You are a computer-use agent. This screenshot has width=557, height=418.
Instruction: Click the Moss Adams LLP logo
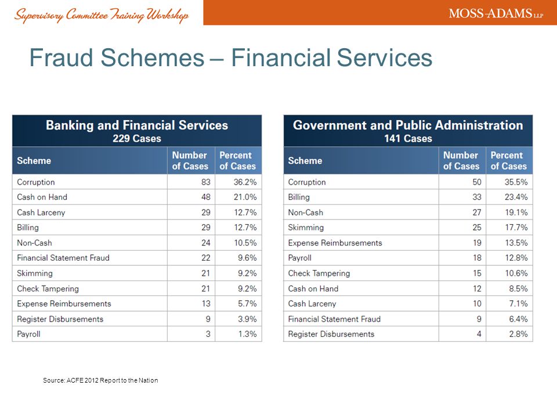pos(496,13)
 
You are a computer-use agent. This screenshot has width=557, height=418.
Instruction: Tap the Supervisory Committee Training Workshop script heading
pos(101,15)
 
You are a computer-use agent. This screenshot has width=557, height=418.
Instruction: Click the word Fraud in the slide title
pos(61,57)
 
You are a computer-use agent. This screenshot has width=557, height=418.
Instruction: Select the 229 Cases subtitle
pos(137,138)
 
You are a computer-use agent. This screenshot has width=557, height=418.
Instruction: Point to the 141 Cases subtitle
pos(408,138)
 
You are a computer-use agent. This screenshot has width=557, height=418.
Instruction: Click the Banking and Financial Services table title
pos(137,125)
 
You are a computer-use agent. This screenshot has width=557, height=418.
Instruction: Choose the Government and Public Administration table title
pos(408,125)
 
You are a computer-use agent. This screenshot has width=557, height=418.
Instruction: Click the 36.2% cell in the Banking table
pos(245,182)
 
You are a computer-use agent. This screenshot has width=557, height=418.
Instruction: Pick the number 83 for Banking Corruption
pos(205,182)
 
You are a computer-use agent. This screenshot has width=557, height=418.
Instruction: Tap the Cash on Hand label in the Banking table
pos(42,197)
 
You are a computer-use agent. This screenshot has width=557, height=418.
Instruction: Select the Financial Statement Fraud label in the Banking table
pos(63,258)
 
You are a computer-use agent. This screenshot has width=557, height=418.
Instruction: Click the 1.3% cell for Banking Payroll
pos(247,334)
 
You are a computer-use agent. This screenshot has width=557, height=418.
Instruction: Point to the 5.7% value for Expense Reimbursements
pos(247,304)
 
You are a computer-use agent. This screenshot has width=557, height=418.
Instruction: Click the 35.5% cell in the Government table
pos(516,182)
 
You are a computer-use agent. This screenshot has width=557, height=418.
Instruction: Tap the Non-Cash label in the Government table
pos(306,212)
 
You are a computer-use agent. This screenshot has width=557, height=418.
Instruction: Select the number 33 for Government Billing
pos(477,197)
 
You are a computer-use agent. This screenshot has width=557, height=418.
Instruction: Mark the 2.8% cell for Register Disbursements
pos(518,334)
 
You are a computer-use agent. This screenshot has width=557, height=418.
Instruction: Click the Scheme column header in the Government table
pos(305,161)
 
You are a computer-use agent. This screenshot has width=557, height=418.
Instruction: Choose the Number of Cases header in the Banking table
pos(190,161)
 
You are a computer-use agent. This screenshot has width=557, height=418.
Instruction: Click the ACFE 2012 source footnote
pos(100,380)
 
